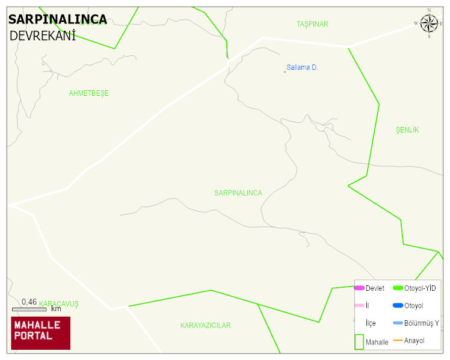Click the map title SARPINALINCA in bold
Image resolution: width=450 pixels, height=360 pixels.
tap(58, 20)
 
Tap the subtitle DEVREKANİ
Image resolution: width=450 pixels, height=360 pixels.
tap(42, 36)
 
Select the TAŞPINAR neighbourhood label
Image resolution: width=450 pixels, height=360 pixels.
tap(312, 24)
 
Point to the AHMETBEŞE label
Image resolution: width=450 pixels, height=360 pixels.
tap(89, 93)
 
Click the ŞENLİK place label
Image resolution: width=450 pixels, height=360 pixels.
tap(407, 130)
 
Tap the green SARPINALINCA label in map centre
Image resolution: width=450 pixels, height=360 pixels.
tap(238, 193)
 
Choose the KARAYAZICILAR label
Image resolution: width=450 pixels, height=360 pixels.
tap(205, 326)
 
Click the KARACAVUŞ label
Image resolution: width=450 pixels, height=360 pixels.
tap(59, 303)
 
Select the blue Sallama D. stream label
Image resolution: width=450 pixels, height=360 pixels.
tap(302, 67)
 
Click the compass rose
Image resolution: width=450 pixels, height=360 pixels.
tap(429, 23)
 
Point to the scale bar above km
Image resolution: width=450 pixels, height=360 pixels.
tap(29, 309)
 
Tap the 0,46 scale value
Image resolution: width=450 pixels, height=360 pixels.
tap(29, 302)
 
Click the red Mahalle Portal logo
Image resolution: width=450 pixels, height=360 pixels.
tap(41, 333)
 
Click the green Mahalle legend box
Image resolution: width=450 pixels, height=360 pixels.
tap(359, 341)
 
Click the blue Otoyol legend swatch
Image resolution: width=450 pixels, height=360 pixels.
tap(398, 306)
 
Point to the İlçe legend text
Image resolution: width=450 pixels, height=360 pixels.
tap(371, 323)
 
